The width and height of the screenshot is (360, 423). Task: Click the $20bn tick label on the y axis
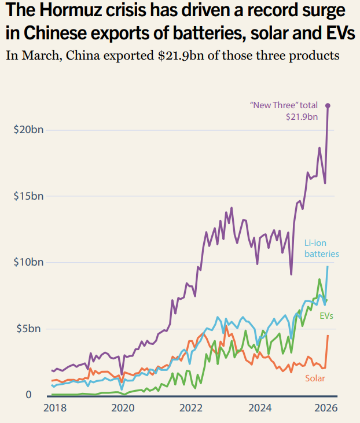coord(28,129)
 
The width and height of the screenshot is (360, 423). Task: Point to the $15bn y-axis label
coord(28,196)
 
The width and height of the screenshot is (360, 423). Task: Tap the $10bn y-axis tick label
coord(28,262)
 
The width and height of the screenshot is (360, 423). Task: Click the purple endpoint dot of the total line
coord(328,105)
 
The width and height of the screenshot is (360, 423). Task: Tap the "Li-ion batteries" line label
coord(321,248)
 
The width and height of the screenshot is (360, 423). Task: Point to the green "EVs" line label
coord(326,315)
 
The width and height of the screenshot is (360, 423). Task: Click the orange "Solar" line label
coord(315,378)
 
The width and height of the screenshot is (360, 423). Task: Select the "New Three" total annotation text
coord(284,105)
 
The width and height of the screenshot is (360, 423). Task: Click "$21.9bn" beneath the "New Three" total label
coord(302,116)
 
